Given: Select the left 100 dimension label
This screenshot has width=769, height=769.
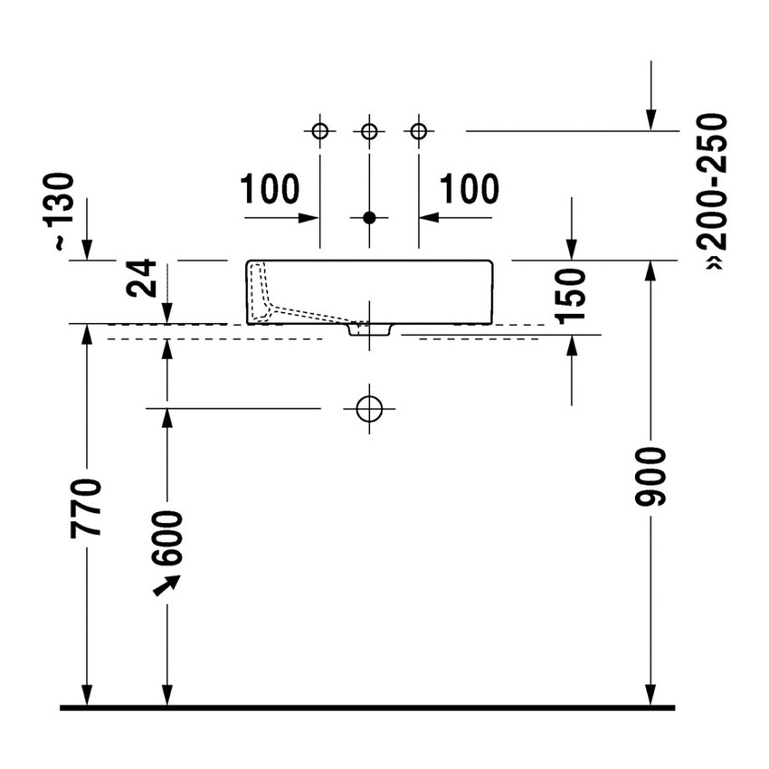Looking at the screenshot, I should tap(270, 190).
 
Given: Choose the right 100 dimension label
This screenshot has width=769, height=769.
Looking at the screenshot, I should tap(470, 190).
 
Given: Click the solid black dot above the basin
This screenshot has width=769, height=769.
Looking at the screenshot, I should tap(369, 218).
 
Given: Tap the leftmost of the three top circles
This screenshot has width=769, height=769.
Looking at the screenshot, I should tap(319, 132).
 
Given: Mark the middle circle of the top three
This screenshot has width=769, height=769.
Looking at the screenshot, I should tap(369, 132).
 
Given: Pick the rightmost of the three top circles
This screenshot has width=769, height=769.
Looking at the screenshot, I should tap(418, 132).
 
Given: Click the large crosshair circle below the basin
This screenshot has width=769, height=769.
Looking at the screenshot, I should tap(369, 409).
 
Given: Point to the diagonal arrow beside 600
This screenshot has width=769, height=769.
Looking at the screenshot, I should tap(165, 586).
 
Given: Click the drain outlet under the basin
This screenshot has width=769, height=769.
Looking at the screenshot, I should tap(369, 329).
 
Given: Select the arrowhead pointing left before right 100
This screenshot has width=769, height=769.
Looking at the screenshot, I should tap(426, 218).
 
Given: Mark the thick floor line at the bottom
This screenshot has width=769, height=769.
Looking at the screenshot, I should tap(366, 707).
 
